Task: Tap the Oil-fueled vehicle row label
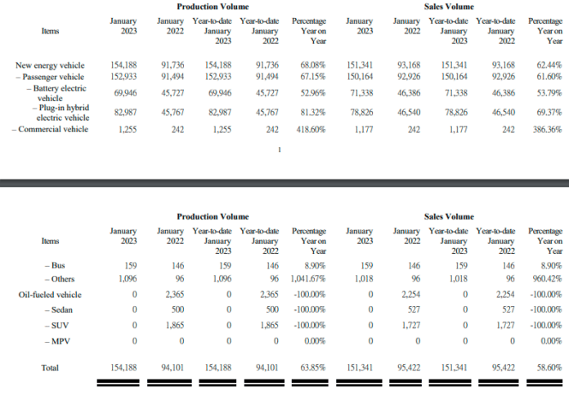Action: (50, 294)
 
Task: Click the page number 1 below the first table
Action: (280, 149)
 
